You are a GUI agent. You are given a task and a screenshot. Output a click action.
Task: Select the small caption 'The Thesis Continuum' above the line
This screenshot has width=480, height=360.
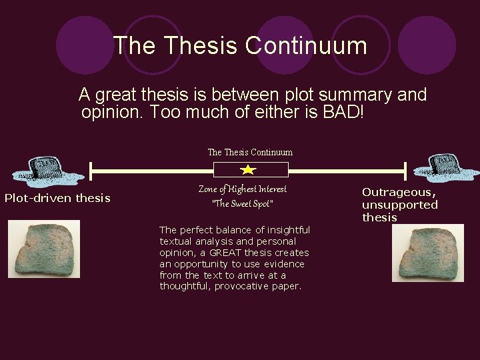[250, 152]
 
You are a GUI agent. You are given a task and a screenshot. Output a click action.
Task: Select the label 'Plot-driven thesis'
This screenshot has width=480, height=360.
[57, 198]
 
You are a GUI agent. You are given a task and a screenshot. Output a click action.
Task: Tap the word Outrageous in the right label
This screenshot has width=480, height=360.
[398, 192]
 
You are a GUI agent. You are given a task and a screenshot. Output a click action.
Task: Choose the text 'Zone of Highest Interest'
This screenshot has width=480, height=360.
[243, 189]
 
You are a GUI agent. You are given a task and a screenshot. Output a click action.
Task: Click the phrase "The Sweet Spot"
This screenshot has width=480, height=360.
[243, 204]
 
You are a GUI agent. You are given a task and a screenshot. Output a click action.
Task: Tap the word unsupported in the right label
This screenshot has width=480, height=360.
[399, 205]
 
